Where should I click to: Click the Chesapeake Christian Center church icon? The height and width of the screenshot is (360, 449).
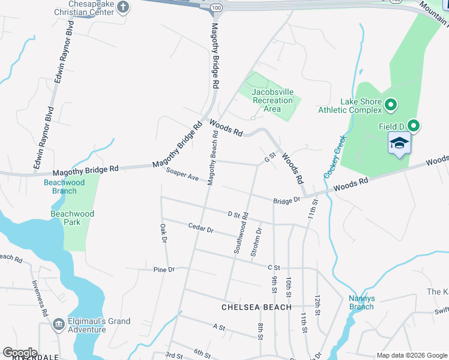point(123,7)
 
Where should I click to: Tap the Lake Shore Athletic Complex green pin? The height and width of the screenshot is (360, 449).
point(391,106)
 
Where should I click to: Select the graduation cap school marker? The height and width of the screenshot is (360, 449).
point(399,144)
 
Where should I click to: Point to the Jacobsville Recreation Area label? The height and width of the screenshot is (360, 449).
point(273,100)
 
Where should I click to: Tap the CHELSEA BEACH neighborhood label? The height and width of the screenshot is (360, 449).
point(256,307)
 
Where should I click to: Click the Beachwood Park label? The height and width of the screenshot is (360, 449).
point(72,218)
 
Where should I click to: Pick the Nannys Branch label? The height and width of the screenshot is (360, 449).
point(362,302)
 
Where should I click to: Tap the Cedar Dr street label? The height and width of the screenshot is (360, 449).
point(200,229)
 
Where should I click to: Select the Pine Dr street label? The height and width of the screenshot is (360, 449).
point(163,269)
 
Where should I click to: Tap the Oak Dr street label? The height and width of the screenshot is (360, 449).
point(163,233)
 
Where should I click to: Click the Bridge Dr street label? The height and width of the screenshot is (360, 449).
point(286,201)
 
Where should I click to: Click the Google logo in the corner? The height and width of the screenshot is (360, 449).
point(20,353)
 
